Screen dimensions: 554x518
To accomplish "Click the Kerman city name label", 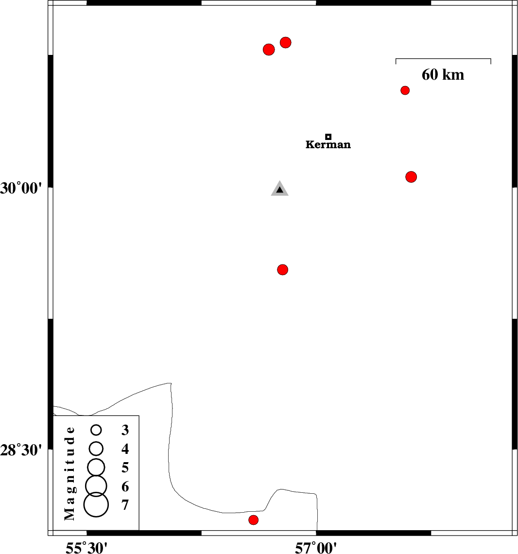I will [328, 145].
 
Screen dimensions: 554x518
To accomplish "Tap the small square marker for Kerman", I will [328, 137].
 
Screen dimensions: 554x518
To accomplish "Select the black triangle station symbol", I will [279, 190].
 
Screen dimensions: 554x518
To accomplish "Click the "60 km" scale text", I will [443, 75].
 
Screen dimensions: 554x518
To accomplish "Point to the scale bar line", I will [443, 59].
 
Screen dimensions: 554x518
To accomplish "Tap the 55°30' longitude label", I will [87, 548].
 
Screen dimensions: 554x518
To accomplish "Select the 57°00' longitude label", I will [316, 548].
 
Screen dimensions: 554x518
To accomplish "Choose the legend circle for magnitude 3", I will [96, 430].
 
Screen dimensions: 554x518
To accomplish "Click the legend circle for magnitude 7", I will [96, 504].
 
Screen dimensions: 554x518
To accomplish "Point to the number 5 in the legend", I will [125, 467].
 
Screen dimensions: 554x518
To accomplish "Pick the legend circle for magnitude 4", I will [96, 448].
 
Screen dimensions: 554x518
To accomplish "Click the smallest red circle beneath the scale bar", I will [405, 90].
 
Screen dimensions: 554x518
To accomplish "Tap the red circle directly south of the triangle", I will [283, 270].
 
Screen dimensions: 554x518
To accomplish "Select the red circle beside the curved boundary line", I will [253, 520].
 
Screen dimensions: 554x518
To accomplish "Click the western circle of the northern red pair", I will [269, 50].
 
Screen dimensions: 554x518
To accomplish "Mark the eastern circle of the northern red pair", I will [286, 42].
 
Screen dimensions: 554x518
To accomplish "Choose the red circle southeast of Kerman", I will [411, 177].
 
